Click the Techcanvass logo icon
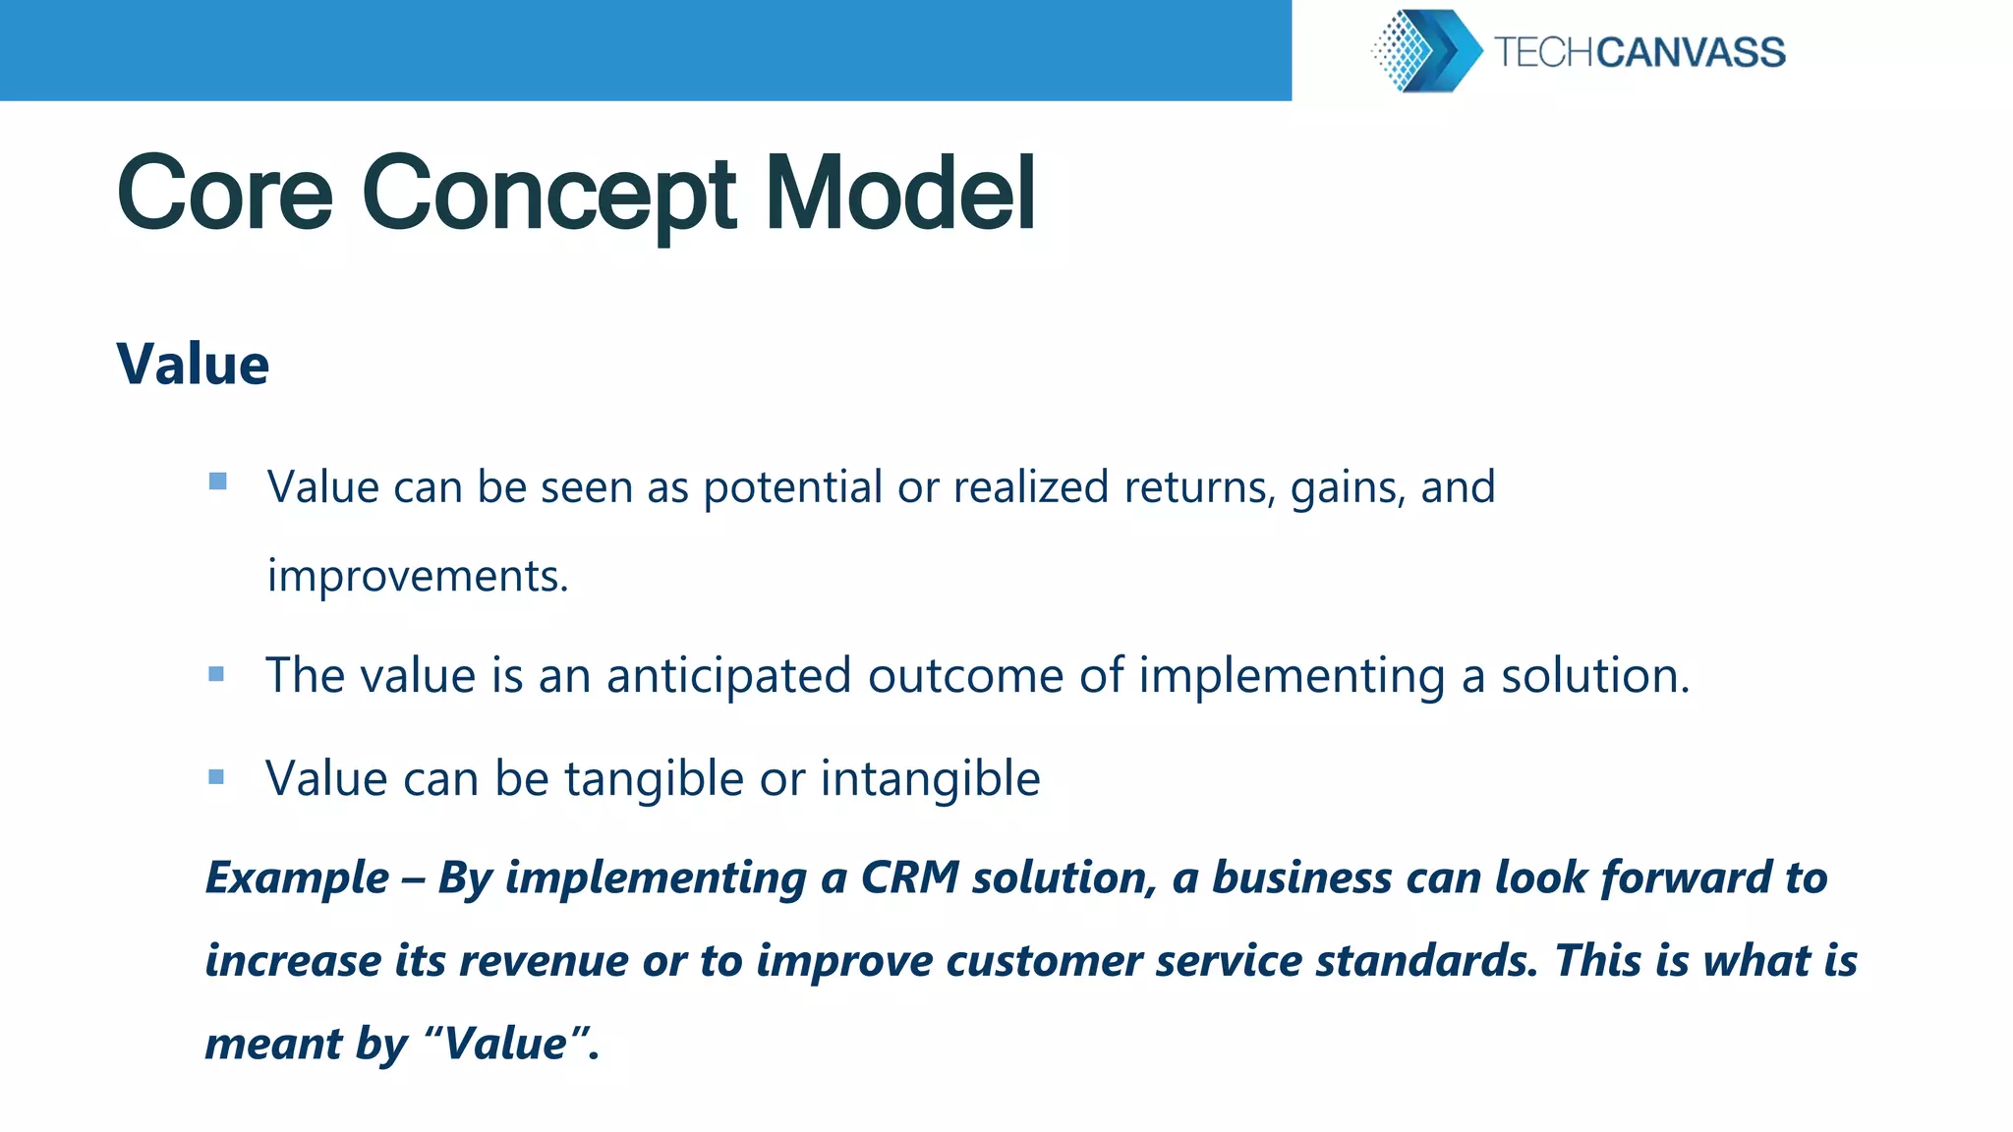(1426, 51)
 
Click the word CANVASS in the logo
(1691, 52)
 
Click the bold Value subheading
(193, 365)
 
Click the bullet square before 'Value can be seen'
(218, 481)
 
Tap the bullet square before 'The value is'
(216, 674)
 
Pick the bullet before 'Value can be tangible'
(216, 777)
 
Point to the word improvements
(417, 576)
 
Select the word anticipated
(728, 676)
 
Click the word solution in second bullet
(1593, 676)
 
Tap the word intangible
(930, 779)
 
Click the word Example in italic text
(297, 877)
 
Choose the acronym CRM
(909, 877)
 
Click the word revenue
(543, 961)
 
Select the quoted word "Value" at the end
(506, 1044)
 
